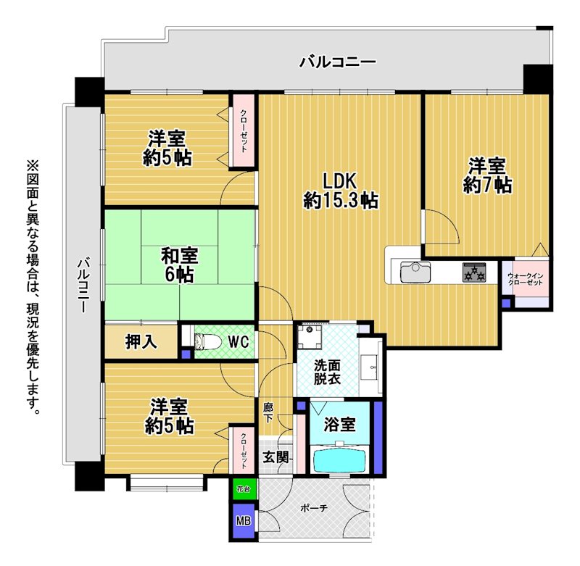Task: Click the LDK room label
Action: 340,191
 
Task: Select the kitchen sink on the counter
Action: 415,272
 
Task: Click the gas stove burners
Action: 474,272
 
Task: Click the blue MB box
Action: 244,520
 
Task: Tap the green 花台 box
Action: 244,489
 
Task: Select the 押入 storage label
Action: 141,341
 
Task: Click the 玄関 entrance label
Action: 275,457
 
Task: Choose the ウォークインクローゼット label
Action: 525,279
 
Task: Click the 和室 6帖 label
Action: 179,265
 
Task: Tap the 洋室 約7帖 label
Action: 487,175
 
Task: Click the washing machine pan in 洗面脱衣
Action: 310,337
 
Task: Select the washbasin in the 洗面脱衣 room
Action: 370,367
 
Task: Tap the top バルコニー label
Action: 337,62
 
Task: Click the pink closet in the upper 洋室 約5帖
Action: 243,131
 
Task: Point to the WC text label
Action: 239,342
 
